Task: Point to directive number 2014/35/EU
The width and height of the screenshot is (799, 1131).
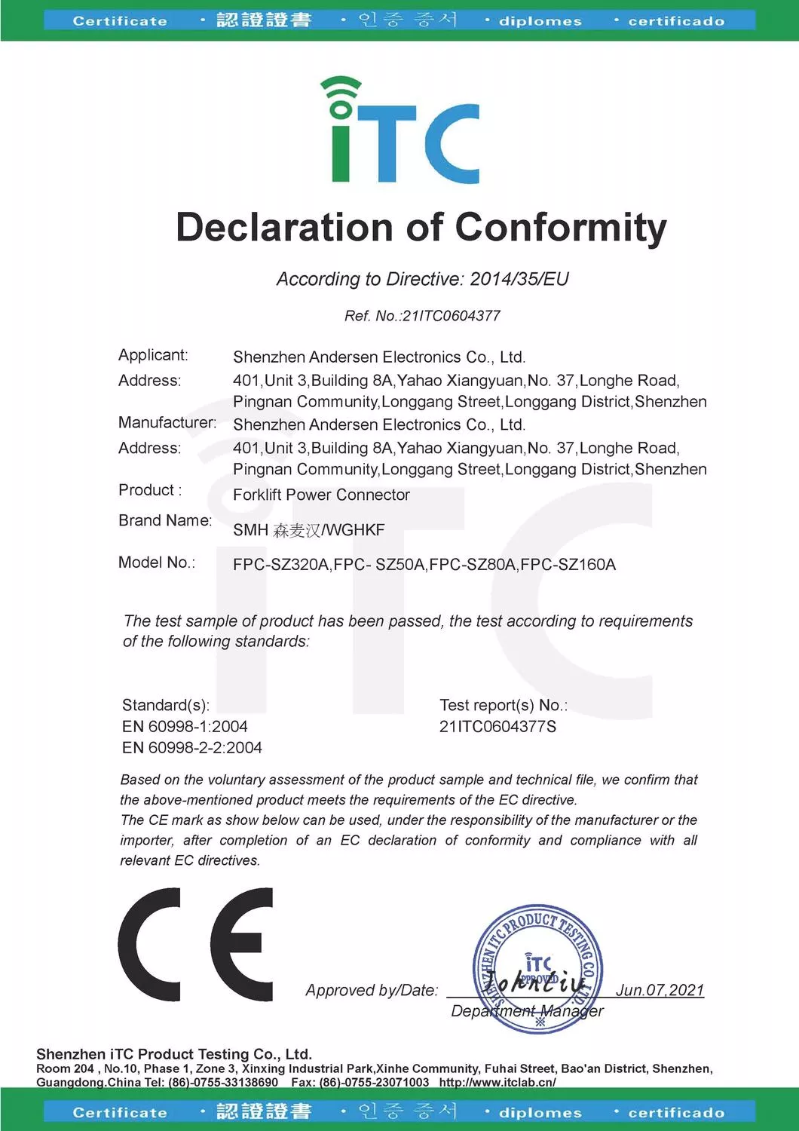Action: pos(519,279)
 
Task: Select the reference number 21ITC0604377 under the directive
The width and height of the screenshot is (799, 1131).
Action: pos(452,316)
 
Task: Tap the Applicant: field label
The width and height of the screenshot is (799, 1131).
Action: pos(153,355)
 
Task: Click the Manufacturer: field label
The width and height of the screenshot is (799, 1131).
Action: pos(167,423)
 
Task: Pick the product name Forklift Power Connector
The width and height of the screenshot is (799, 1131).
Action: pos(321,495)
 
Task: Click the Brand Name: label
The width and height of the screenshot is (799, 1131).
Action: pos(165,520)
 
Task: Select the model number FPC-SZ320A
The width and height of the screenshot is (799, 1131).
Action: pos(281,565)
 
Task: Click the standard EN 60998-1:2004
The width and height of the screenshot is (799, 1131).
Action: pos(185,727)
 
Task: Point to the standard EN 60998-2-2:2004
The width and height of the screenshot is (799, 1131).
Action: pos(192,748)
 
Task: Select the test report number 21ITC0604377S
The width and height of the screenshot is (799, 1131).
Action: pos(497,727)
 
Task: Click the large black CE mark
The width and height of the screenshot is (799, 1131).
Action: pos(195,944)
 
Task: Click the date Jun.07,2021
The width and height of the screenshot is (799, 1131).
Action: pos(660,990)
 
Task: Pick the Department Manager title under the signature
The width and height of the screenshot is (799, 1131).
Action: pos(527,1011)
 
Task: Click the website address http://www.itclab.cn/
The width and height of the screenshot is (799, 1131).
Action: pos(497,1082)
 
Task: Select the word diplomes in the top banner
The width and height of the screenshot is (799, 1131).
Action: pos(540,21)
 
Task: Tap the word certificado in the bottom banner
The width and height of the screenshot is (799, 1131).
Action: pos(676,1112)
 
